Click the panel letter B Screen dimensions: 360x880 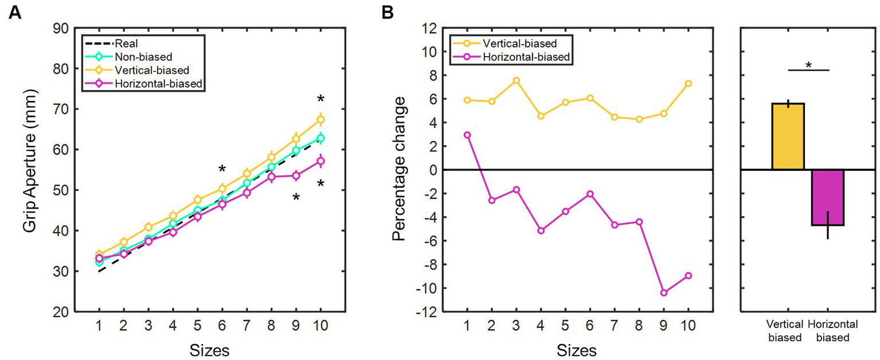coord(388,13)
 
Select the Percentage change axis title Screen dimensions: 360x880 coord(400,170)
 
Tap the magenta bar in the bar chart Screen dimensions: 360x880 coord(827,197)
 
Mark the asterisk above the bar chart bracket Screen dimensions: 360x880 coord(808,65)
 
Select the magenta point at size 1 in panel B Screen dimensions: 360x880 coord(467,135)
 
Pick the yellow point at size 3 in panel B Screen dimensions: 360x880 coord(516,80)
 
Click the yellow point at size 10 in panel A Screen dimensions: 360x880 coord(321,120)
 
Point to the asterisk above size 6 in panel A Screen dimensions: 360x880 coord(222,169)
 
